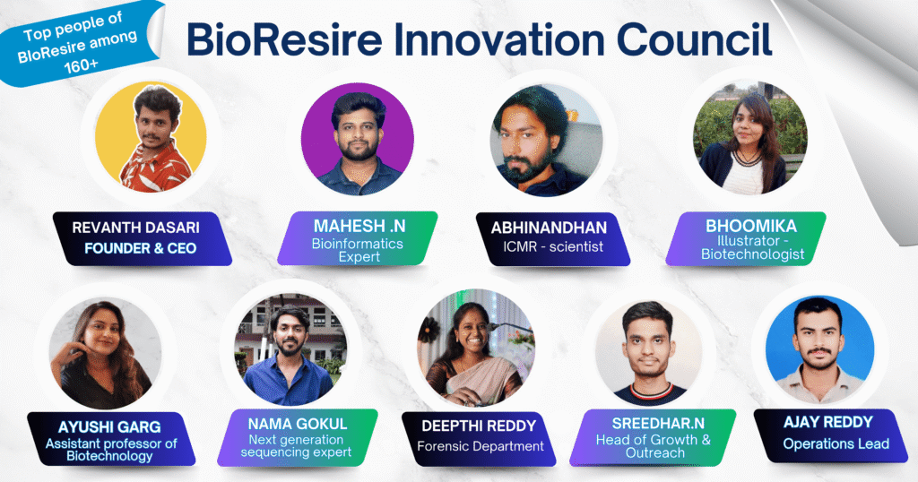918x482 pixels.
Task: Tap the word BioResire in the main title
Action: click(284, 39)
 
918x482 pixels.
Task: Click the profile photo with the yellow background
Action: click(151, 137)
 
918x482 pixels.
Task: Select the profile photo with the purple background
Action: click(357, 139)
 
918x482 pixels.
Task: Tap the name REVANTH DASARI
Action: click(136, 228)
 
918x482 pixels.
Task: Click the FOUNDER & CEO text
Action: click(141, 248)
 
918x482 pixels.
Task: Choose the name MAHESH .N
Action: click(359, 226)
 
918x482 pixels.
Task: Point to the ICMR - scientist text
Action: click(552, 247)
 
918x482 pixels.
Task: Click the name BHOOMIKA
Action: click(751, 226)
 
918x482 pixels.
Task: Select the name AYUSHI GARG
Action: click(109, 426)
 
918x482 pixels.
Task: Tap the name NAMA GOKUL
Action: click(298, 424)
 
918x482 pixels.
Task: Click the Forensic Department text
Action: click(481, 446)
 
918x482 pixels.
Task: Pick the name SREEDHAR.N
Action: click(658, 424)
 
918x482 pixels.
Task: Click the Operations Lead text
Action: click(836, 444)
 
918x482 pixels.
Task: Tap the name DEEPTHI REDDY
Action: click(479, 426)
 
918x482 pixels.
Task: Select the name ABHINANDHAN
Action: click(550, 228)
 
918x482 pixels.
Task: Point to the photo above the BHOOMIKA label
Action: click(750, 138)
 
